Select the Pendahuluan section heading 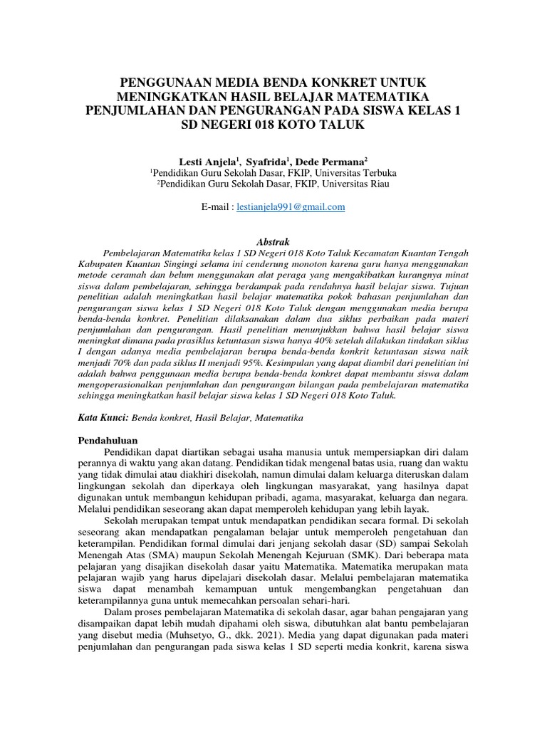coord(107,440)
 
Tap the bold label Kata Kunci coord(102,418)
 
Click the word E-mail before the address coord(217,207)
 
